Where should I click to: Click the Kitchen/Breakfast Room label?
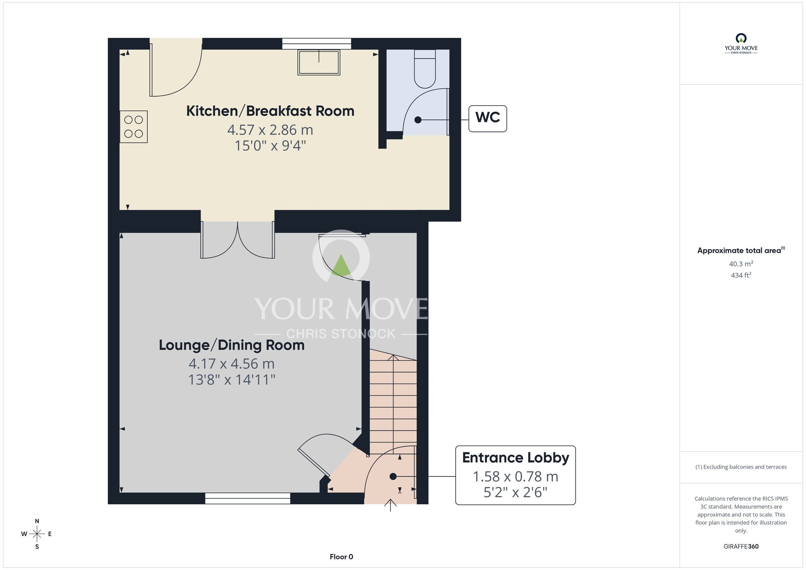270,111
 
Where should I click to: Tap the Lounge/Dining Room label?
231,345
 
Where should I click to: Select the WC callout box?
487,119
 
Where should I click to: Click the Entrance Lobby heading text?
515,458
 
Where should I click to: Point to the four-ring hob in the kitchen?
133,127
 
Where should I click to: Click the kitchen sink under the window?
319,62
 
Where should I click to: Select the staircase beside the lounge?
393,399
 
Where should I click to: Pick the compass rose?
37,534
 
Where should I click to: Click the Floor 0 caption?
341,557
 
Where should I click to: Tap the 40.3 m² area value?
741,264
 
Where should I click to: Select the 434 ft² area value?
741,275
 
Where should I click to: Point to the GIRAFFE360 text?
741,547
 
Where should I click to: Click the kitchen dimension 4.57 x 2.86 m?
270,130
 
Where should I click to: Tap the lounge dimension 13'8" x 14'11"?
232,380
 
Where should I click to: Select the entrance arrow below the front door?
390,506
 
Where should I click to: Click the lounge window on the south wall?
247,499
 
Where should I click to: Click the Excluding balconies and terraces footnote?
741,467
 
